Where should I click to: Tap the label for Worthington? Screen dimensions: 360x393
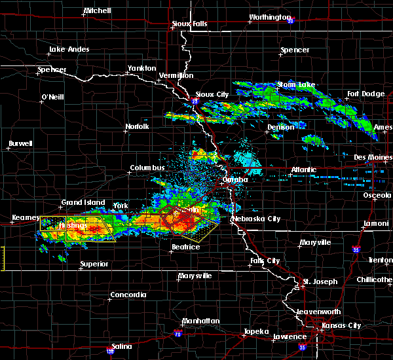[x=269, y=18]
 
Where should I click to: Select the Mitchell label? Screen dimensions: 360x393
[x=98, y=11]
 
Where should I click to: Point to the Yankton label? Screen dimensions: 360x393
[x=141, y=68]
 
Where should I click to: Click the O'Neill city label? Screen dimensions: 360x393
[x=52, y=97]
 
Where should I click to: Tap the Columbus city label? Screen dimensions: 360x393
[x=147, y=168]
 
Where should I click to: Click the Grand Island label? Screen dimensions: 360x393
[x=83, y=203]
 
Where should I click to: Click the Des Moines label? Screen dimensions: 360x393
[x=372, y=158]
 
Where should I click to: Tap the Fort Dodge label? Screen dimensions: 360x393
[x=365, y=94]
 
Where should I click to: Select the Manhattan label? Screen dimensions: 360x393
[x=200, y=321]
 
